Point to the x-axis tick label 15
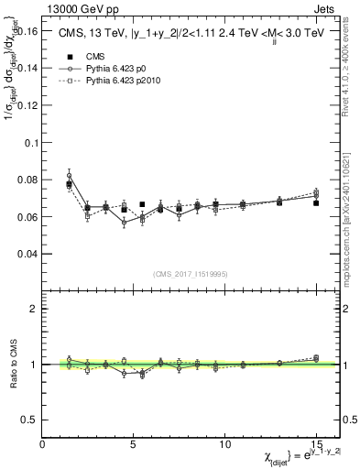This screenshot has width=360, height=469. point(316,444)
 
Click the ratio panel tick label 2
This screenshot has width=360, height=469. point(33,309)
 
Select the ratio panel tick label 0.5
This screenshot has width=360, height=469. point(28,420)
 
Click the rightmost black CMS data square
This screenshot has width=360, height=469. point(316,202)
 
